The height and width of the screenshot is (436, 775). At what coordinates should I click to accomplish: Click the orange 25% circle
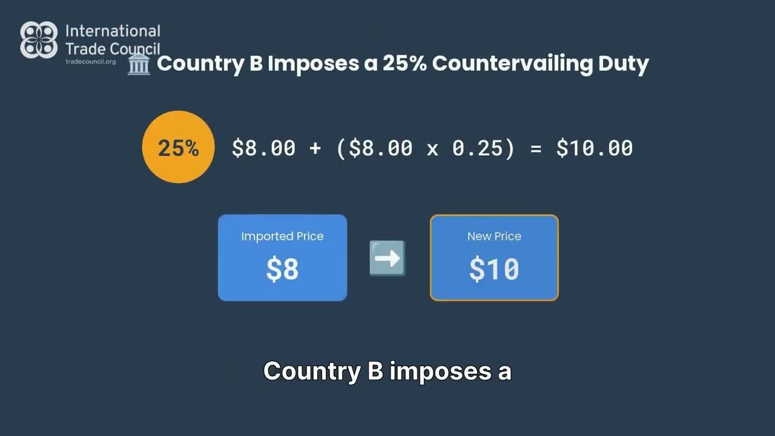coord(178,147)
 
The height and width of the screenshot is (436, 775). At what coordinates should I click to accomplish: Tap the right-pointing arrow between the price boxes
coord(387,259)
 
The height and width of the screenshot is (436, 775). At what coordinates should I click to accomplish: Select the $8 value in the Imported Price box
coord(282,269)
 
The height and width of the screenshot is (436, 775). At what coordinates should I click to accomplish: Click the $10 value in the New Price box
coord(494,269)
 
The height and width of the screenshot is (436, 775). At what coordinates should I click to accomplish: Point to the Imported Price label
coord(282,236)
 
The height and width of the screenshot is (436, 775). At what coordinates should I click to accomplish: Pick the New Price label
coord(494,236)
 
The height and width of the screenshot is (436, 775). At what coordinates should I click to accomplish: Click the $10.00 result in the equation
coord(594,148)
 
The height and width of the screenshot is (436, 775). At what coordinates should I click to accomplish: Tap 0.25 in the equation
coord(478,148)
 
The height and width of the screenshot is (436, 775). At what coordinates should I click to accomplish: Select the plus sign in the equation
coord(315,148)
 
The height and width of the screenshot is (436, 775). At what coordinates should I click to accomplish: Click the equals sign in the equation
coord(535,148)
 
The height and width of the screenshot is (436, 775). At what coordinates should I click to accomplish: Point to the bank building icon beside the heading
coord(139,64)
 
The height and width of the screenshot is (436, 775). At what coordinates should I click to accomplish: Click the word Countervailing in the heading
coord(512,64)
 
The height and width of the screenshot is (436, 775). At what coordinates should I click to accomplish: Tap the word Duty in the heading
coord(624,64)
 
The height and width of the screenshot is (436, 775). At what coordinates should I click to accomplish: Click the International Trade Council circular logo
coord(39,40)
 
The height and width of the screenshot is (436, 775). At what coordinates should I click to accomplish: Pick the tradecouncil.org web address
coord(90,62)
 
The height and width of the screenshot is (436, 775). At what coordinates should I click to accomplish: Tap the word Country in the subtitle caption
coord(312,371)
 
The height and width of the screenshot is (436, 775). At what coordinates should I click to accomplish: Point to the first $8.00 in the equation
coord(263,148)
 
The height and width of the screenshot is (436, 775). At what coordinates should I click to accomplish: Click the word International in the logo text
coord(113,31)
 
